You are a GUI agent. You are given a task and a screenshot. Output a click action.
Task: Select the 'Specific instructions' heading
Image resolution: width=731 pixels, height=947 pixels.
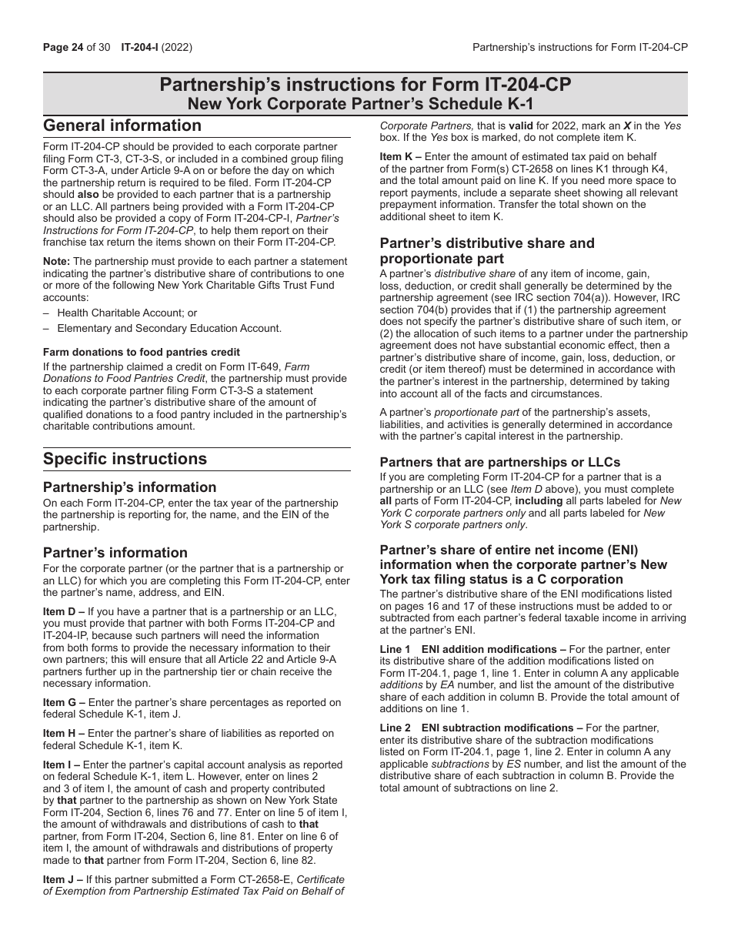click(x=125, y=459)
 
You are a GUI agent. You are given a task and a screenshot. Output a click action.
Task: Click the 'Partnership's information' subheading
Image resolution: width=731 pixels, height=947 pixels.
click(x=129, y=487)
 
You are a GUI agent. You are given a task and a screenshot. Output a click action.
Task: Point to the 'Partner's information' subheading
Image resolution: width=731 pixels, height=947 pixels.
click(x=115, y=553)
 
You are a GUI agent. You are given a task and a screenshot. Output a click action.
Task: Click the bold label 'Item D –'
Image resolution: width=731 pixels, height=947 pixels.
click(x=64, y=611)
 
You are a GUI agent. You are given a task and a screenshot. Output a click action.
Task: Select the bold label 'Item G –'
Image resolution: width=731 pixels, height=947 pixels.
click(x=64, y=702)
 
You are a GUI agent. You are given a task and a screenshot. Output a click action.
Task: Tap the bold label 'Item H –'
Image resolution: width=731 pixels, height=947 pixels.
click(x=64, y=734)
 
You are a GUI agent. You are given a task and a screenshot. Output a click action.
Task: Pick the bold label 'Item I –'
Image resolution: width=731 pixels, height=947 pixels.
click(x=62, y=765)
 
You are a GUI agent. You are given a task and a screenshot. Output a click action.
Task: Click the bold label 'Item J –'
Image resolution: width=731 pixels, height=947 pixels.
click(x=62, y=879)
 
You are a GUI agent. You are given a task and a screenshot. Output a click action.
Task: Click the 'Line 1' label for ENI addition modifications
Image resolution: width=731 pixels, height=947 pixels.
click(x=395, y=649)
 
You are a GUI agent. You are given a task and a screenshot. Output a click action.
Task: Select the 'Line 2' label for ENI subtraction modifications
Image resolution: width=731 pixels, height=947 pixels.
click(x=395, y=728)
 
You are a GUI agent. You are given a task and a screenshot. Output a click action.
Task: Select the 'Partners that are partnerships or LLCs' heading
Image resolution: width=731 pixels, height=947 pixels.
click(x=500, y=463)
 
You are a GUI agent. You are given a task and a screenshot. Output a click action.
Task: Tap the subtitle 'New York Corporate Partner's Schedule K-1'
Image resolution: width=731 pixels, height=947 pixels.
click(x=365, y=104)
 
